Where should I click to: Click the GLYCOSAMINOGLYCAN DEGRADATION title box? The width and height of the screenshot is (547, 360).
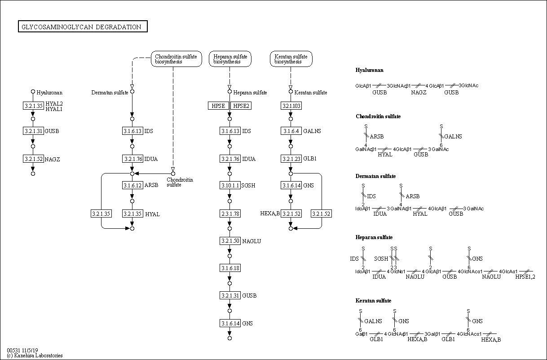click(83, 27)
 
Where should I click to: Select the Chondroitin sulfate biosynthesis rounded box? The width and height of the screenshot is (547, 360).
click(176, 59)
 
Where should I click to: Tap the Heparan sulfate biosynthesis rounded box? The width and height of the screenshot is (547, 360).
click(230, 59)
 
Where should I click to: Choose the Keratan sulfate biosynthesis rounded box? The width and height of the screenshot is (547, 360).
click(291, 59)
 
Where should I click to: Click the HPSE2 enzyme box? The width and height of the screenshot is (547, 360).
click(241, 106)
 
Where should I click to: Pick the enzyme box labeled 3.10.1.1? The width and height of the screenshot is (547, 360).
click(230, 186)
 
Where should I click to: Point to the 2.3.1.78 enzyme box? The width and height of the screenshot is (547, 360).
click(230, 213)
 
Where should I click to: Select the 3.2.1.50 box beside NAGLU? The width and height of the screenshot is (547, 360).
click(230, 241)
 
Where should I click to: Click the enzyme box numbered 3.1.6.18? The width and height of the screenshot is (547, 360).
click(230, 268)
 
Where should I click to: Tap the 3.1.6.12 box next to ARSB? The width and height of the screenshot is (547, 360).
click(132, 186)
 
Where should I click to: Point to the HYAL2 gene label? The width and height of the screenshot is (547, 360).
click(54, 103)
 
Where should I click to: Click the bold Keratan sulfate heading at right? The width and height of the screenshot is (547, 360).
click(374, 301)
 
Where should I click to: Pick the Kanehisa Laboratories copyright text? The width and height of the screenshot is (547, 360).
click(35, 356)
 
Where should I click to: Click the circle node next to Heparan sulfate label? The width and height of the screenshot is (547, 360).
click(229, 92)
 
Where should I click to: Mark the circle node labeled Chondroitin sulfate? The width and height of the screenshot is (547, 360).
click(173, 173)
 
